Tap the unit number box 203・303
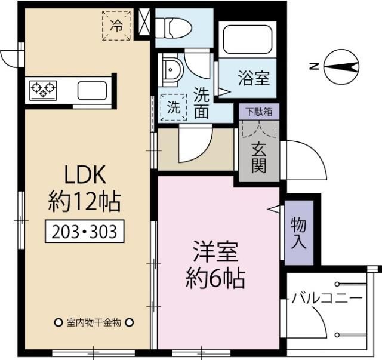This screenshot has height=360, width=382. pyautogui.click(x=84, y=231)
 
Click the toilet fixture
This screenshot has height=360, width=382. pyautogui.click(x=172, y=25)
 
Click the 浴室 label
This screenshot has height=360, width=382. pyautogui.click(x=253, y=78)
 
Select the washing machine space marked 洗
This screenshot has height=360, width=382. pyautogui.click(x=172, y=108)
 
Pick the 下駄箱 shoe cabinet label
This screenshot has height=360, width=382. pyautogui.click(x=258, y=112)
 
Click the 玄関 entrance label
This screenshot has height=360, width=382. pyautogui.click(x=258, y=158)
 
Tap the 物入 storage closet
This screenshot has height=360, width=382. pyautogui.click(x=298, y=233)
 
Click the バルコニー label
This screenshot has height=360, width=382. pyautogui.click(x=326, y=297)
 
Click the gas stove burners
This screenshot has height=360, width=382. pyautogui.click(x=42, y=90)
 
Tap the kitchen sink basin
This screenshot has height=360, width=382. pyautogui.click(x=91, y=91)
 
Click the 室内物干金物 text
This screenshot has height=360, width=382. pyautogui.click(x=93, y=322)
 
